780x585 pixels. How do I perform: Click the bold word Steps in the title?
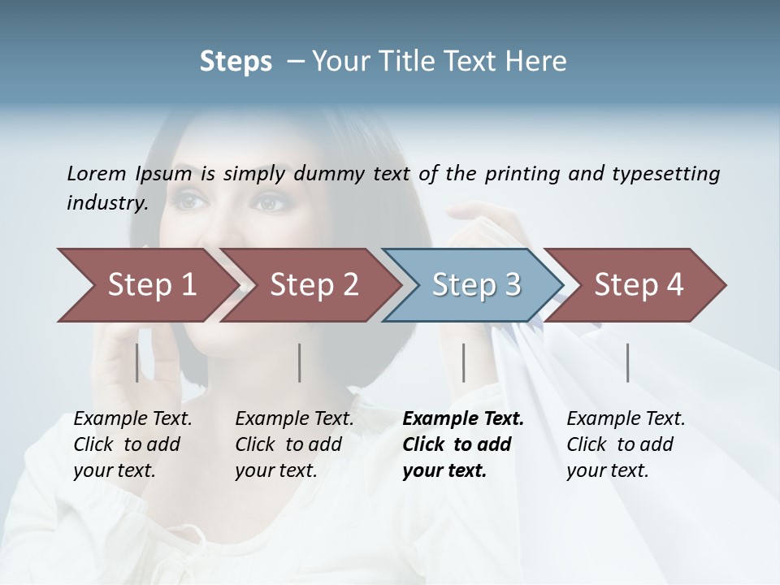236,62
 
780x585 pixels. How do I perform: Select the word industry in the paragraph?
107,203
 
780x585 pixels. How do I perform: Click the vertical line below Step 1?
136,362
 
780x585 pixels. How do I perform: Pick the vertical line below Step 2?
300,362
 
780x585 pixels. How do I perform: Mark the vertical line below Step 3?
463,362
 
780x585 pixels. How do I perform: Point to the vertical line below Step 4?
627,362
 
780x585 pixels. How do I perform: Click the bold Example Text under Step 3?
463,419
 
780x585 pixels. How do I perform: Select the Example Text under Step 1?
132,419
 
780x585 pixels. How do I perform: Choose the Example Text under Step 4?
626,419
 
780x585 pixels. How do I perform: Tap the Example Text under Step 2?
294,419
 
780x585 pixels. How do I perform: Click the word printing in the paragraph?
520,174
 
